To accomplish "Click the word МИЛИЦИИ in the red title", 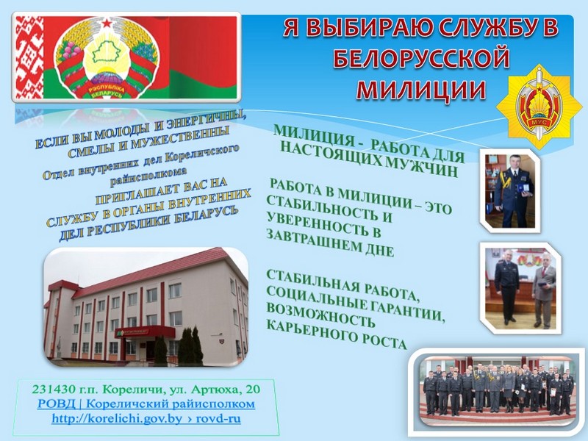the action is tap(421, 90).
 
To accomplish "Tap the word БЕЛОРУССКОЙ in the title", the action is tap(421, 59).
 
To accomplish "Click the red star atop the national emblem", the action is tap(107, 24).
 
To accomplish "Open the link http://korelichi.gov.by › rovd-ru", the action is tap(146, 418).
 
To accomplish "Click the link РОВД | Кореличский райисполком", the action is tap(146, 404).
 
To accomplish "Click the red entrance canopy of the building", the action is tap(145, 332).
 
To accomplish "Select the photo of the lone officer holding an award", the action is tap(511, 190).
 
